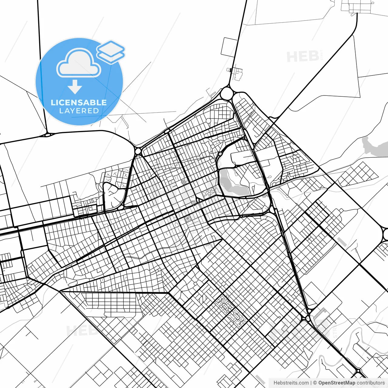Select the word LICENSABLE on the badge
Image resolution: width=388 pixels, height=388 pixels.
tap(79, 102)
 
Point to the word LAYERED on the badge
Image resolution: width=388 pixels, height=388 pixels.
tap(79, 111)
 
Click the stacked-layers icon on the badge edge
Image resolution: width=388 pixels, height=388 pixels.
tap(111, 52)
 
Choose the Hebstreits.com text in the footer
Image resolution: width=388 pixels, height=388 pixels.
tap(291, 383)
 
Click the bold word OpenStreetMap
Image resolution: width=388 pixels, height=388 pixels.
tap(337, 383)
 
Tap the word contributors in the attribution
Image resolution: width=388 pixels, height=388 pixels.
tap(371, 383)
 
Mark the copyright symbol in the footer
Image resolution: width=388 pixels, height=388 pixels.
tap(315, 383)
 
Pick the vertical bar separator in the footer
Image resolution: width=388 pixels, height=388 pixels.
tap(311, 383)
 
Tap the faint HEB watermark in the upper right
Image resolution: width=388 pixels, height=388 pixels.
tap(303, 57)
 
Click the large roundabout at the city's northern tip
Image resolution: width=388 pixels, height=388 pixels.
tap(226, 93)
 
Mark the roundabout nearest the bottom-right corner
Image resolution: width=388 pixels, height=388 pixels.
tap(359, 371)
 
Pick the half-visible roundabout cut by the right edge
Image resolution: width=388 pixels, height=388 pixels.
tap(386, 234)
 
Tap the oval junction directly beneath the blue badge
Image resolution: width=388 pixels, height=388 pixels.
tap(48, 134)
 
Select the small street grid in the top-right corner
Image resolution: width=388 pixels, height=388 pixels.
tap(358, 7)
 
